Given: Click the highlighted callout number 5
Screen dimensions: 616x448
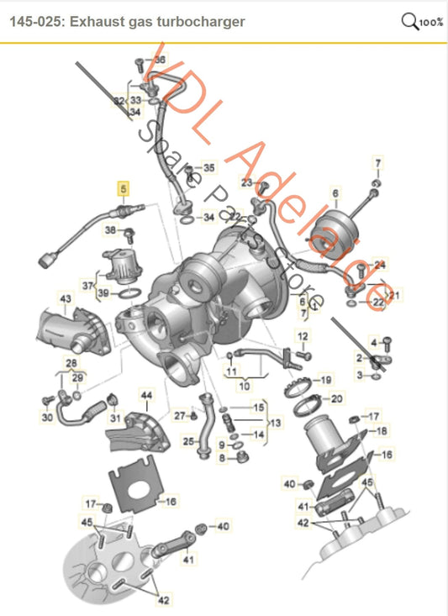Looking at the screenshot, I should tap(124, 189).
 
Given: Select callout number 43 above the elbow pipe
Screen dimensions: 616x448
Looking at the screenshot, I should tap(65, 298).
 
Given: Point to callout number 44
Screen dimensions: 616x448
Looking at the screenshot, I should tap(146, 394).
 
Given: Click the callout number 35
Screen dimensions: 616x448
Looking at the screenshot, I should tap(208, 168).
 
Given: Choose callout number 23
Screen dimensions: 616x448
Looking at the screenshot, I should tap(246, 182).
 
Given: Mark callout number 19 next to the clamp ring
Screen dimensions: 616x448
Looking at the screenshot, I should tap(326, 379).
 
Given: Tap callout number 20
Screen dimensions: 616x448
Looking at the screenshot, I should tap(336, 398).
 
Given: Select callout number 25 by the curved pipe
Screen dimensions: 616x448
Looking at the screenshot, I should tap(188, 440).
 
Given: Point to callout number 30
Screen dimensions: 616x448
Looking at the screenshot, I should tap(47, 418).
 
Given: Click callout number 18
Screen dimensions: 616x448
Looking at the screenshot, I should tap(382, 431).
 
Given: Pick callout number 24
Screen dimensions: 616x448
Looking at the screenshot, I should tap(379, 264).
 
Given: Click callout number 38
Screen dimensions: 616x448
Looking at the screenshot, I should tap(109, 229).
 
